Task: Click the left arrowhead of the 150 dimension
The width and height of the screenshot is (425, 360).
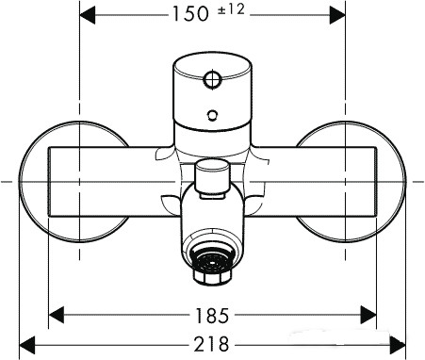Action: (86, 14)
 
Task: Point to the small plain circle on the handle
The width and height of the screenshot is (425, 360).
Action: (212, 117)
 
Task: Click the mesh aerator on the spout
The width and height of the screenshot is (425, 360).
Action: (212, 258)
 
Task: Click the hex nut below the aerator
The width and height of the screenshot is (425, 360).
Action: (212, 280)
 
